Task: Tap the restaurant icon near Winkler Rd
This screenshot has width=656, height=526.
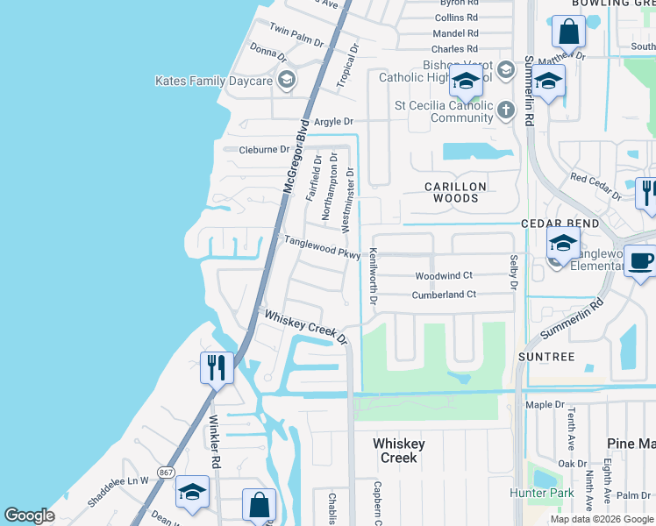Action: [x=217, y=366]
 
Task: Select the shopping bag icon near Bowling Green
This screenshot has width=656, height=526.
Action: [x=568, y=32]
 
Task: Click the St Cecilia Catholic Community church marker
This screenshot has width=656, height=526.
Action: [x=505, y=110]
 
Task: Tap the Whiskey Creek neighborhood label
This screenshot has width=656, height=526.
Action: [x=399, y=451]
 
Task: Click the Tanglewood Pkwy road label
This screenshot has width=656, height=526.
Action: [x=321, y=246]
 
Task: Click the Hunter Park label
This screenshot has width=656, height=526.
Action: [x=541, y=493]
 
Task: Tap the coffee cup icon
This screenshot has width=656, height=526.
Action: [x=640, y=261]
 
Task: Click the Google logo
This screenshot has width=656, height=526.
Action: [x=30, y=515]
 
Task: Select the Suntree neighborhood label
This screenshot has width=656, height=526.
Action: [x=545, y=357]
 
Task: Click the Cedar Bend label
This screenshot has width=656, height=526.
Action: [x=560, y=224]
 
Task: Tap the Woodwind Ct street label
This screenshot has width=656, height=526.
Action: [x=444, y=275]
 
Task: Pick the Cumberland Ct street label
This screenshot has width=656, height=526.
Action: [x=444, y=295]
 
